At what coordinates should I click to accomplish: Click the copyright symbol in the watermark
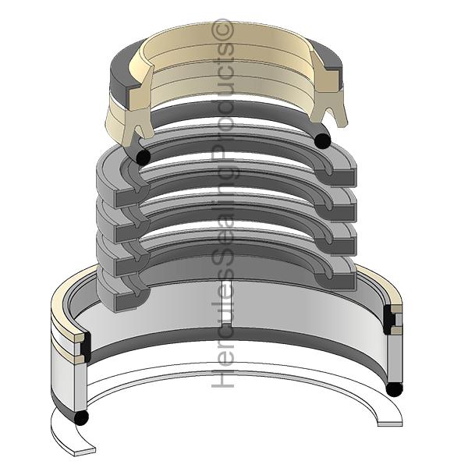(x=222, y=30)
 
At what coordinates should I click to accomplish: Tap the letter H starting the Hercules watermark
(x=223, y=378)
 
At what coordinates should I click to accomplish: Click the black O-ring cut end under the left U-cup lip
(x=144, y=156)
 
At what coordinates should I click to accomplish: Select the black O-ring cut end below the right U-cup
(x=323, y=140)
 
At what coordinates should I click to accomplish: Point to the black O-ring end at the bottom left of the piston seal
(x=81, y=417)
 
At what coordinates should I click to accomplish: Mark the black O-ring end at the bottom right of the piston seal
(x=394, y=389)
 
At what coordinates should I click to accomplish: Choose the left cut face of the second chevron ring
(x=131, y=231)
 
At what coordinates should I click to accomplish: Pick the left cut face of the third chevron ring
(x=131, y=264)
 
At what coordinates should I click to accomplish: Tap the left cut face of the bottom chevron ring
(x=131, y=300)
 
